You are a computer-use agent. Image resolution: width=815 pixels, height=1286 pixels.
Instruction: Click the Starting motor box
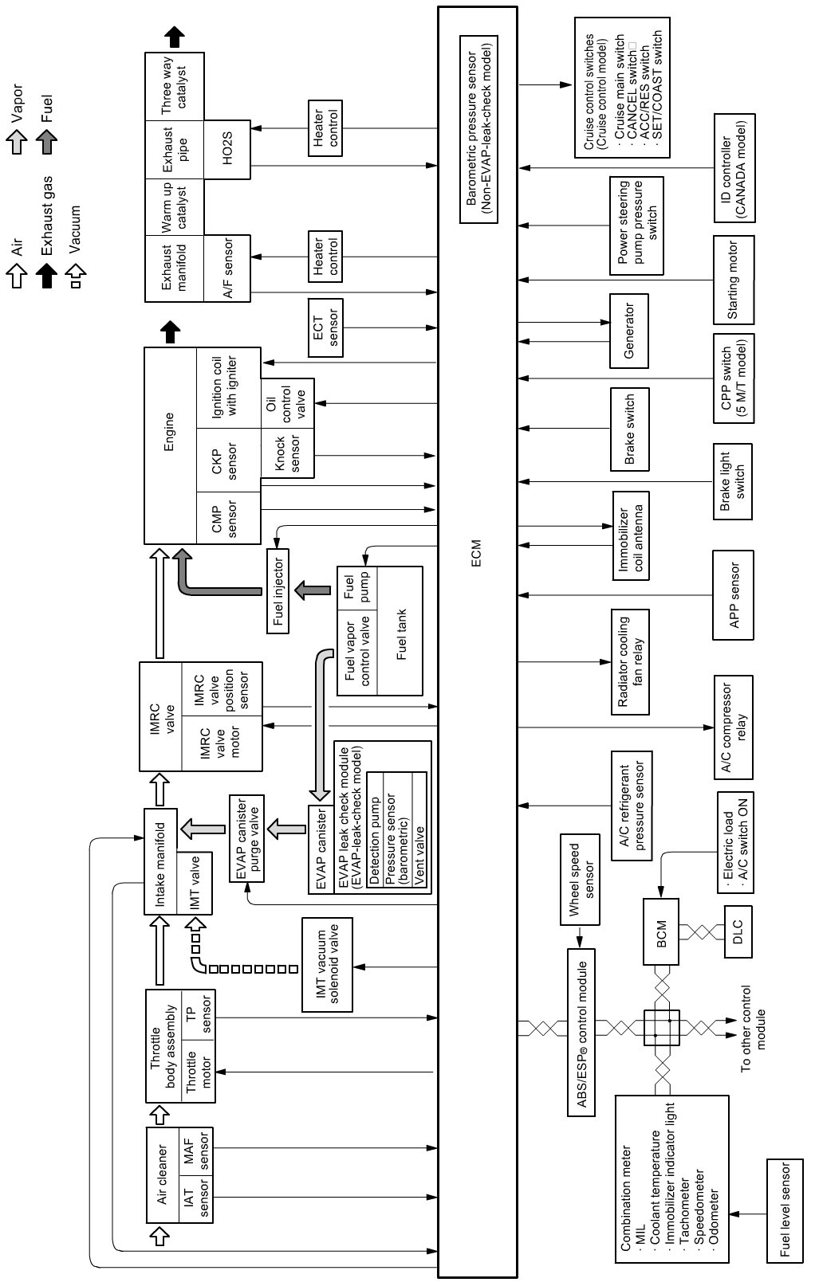point(733,278)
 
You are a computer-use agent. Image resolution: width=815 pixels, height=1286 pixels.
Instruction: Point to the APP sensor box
point(734,594)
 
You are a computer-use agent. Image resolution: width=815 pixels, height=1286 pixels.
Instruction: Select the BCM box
point(661,931)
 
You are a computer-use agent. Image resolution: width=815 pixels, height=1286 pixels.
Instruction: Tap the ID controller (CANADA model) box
point(734,170)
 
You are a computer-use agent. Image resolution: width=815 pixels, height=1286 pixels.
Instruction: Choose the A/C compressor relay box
point(733,727)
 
